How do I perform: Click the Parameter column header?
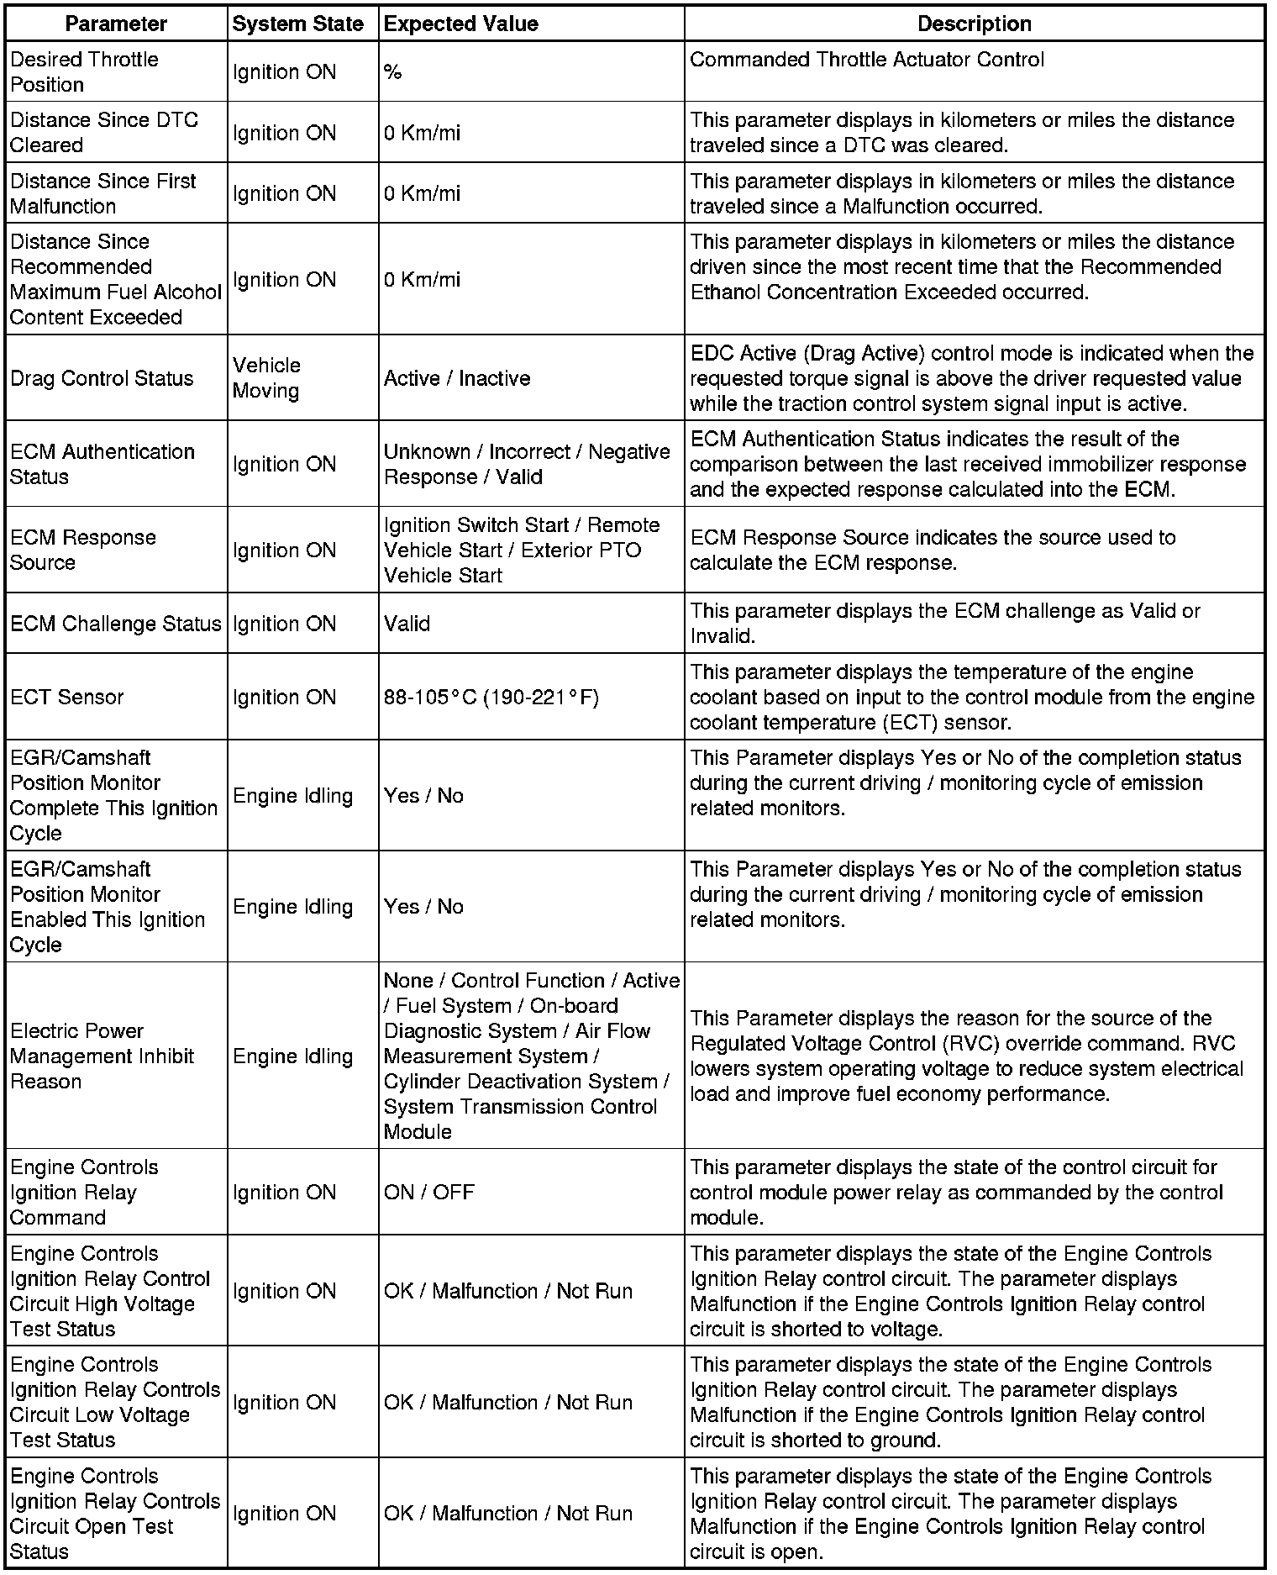pyautogui.click(x=116, y=24)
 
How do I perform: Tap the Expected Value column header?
pyautogui.click(x=460, y=24)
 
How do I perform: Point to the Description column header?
pyautogui.click(x=974, y=24)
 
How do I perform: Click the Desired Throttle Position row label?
pyautogui.click(x=84, y=71)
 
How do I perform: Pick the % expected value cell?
pyautogui.click(x=392, y=72)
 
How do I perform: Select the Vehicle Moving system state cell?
pyautogui.click(x=266, y=377)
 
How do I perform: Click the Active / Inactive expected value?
pyautogui.click(x=457, y=378)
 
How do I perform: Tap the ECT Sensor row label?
pyautogui.click(x=67, y=697)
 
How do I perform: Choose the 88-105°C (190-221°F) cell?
pyautogui.click(x=491, y=697)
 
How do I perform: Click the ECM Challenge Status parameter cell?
pyautogui.click(x=116, y=624)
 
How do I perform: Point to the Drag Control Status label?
pyautogui.click(x=102, y=378)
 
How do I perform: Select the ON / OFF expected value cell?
pyautogui.click(x=429, y=1192)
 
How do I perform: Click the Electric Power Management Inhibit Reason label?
pyautogui.click(x=102, y=1056)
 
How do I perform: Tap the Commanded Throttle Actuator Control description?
pyautogui.click(x=867, y=60)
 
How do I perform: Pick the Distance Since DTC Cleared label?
pyautogui.click(x=104, y=132)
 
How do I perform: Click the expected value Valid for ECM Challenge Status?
pyautogui.click(x=407, y=624)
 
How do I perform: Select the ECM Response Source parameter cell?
pyautogui.click(x=83, y=550)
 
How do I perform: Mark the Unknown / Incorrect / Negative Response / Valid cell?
pyautogui.click(x=527, y=464)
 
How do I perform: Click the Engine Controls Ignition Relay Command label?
pyautogui.click(x=84, y=1192)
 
